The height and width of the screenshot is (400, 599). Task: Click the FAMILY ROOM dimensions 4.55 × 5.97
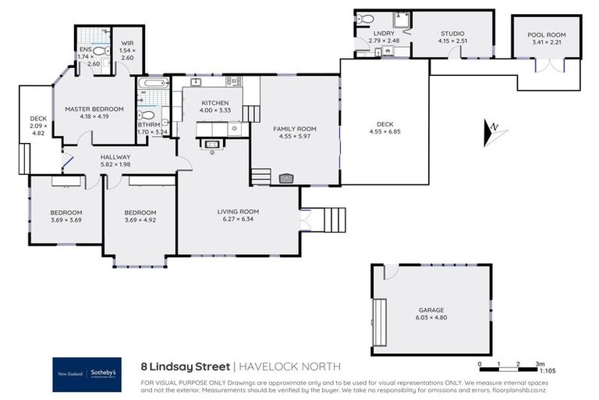point(294,136)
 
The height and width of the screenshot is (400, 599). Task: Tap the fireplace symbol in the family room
point(286,178)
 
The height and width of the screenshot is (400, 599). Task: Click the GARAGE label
point(430,310)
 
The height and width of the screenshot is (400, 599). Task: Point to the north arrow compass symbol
point(494,133)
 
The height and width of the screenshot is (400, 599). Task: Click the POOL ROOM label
point(546,35)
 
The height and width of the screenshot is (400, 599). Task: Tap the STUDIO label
point(452,34)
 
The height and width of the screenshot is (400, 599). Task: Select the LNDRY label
point(383,34)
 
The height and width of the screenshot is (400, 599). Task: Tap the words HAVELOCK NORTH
point(289,366)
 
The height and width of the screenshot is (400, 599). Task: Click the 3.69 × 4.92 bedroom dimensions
point(141,220)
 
